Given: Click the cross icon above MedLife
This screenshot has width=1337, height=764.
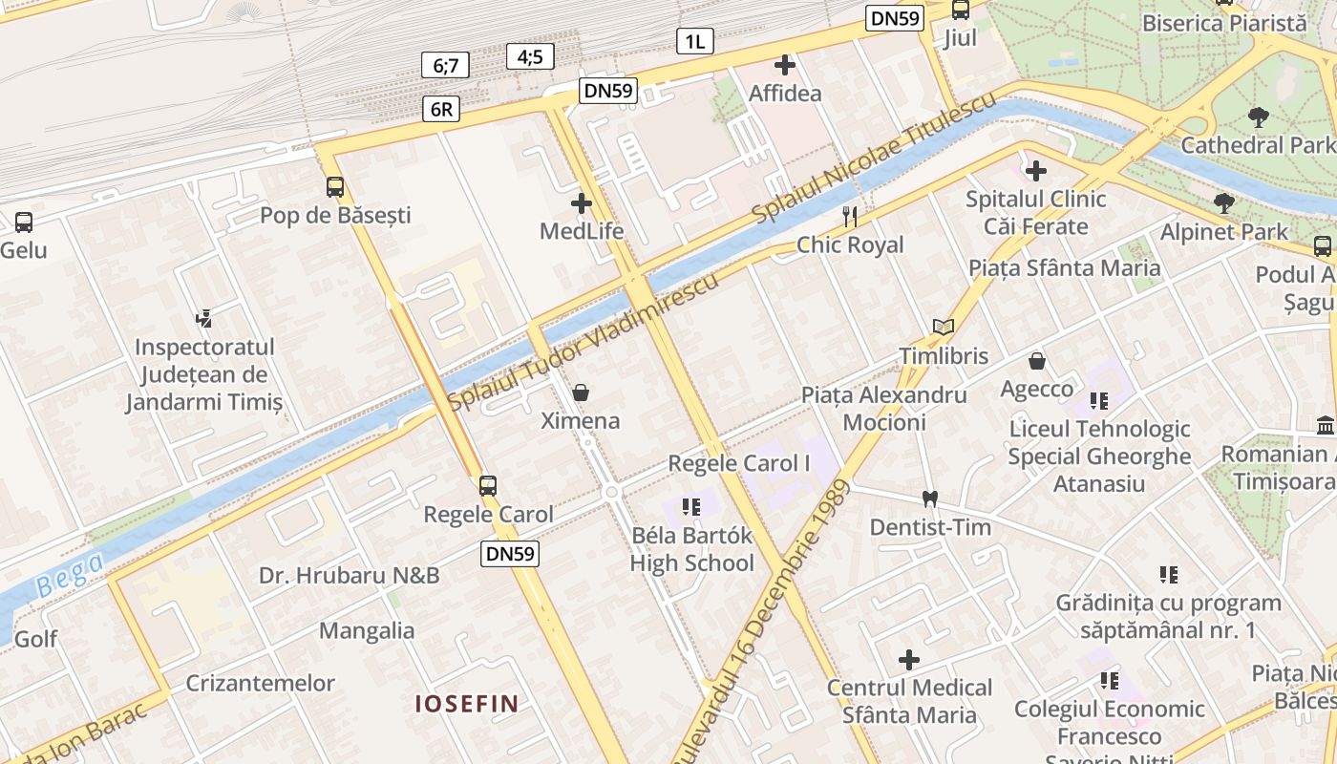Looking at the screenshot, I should click(x=581, y=203).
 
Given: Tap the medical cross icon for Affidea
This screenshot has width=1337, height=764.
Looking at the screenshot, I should click(x=785, y=65).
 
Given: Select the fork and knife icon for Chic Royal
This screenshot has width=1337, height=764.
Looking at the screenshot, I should click(x=850, y=217).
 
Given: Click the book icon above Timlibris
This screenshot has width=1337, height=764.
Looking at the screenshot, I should click(x=944, y=328).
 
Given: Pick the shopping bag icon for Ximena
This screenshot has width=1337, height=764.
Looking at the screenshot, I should click(x=580, y=393).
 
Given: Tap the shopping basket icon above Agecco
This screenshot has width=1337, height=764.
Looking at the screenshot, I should click(x=1037, y=361).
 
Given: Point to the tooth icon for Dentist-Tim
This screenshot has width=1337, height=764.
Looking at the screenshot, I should click(x=930, y=499).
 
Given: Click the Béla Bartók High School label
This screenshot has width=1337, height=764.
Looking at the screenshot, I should click(x=691, y=549).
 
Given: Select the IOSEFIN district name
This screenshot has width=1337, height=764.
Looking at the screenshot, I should click(x=466, y=705).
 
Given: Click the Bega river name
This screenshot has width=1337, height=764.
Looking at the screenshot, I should click(x=72, y=575).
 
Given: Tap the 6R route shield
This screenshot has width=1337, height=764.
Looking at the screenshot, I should click(x=441, y=109).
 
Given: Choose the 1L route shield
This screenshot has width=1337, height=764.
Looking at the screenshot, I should click(x=695, y=40).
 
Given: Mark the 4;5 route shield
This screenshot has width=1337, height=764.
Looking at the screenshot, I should click(x=530, y=56).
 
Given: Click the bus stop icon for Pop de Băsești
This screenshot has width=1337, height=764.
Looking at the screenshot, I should click(x=335, y=187).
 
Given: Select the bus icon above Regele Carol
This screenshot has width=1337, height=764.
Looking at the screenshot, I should click(x=488, y=486).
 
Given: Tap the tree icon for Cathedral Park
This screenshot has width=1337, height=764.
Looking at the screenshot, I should click(x=1258, y=117).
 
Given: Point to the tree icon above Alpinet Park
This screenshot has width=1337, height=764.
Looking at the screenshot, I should click(x=1223, y=203).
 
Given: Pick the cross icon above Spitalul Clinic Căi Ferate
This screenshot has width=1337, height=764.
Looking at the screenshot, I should click(x=1036, y=171).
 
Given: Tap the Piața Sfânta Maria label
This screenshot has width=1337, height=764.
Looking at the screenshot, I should click(x=1065, y=267).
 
